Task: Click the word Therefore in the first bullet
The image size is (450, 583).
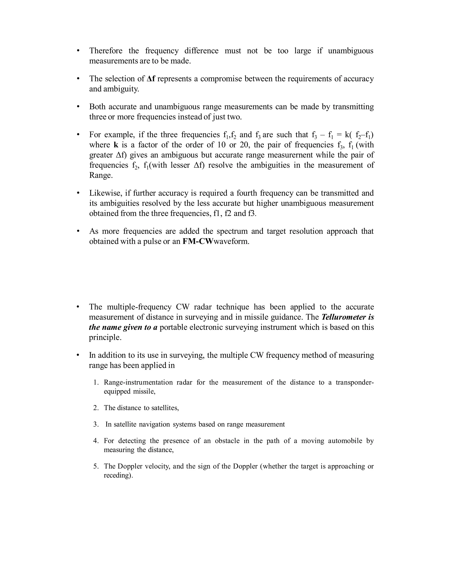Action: point(106,51)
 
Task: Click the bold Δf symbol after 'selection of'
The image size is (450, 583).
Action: point(151,79)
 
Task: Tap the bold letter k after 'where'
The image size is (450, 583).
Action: point(116,145)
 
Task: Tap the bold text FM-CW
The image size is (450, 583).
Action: point(198,241)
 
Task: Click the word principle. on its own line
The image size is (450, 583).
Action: point(105,338)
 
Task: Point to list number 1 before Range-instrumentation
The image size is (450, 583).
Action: point(96,383)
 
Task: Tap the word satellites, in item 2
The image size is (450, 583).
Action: point(165,408)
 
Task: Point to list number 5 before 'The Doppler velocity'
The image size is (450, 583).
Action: point(96,466)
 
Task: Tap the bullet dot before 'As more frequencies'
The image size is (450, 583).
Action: point(78,231)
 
